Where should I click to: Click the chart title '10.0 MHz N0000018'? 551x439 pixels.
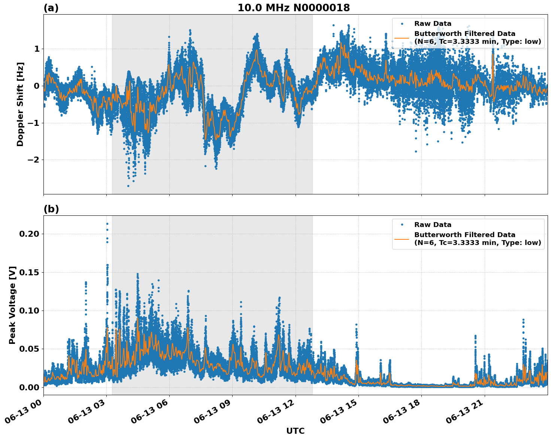[x=294, y=8]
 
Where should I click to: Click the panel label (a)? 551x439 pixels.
[x=51, y=8]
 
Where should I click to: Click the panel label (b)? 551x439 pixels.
[x=51, y=209]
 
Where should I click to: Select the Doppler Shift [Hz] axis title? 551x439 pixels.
[x=20, y=104]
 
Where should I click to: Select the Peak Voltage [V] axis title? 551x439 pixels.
[x=12, y=305]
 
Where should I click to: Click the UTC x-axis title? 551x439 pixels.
[x=295, y=431]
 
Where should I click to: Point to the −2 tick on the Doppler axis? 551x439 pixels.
[x=34, y=160]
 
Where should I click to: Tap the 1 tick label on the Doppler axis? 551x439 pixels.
[x=37, y=49]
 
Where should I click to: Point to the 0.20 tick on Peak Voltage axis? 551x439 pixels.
[x=29, y=234]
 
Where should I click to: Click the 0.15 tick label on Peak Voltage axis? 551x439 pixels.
[x=29, y=272]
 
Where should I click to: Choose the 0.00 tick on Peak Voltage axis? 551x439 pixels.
[x=29, y=387]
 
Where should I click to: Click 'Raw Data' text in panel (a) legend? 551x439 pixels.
[x=433, y=24]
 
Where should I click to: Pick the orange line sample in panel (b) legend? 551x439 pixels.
[x=402, y=239]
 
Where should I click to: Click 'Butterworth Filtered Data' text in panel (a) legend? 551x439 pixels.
[x=464, y=34]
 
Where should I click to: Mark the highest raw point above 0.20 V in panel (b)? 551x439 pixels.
[x=107, y=224]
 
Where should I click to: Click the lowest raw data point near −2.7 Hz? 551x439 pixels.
[x=128, y=186]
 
